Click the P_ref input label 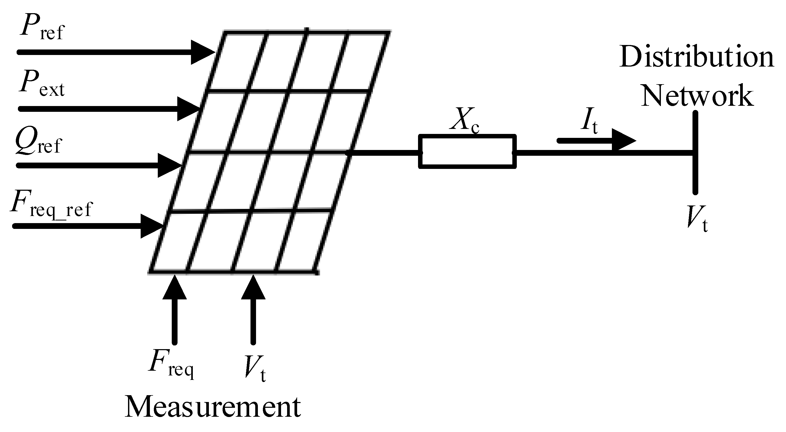tap(42, 31)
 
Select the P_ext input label tap(42, 86)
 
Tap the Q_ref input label tap(38, 142)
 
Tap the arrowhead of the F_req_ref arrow tap(152, 226)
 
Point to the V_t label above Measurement tap(255, 367)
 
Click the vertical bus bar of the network tap(695, 152)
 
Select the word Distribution tap(697, 57)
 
